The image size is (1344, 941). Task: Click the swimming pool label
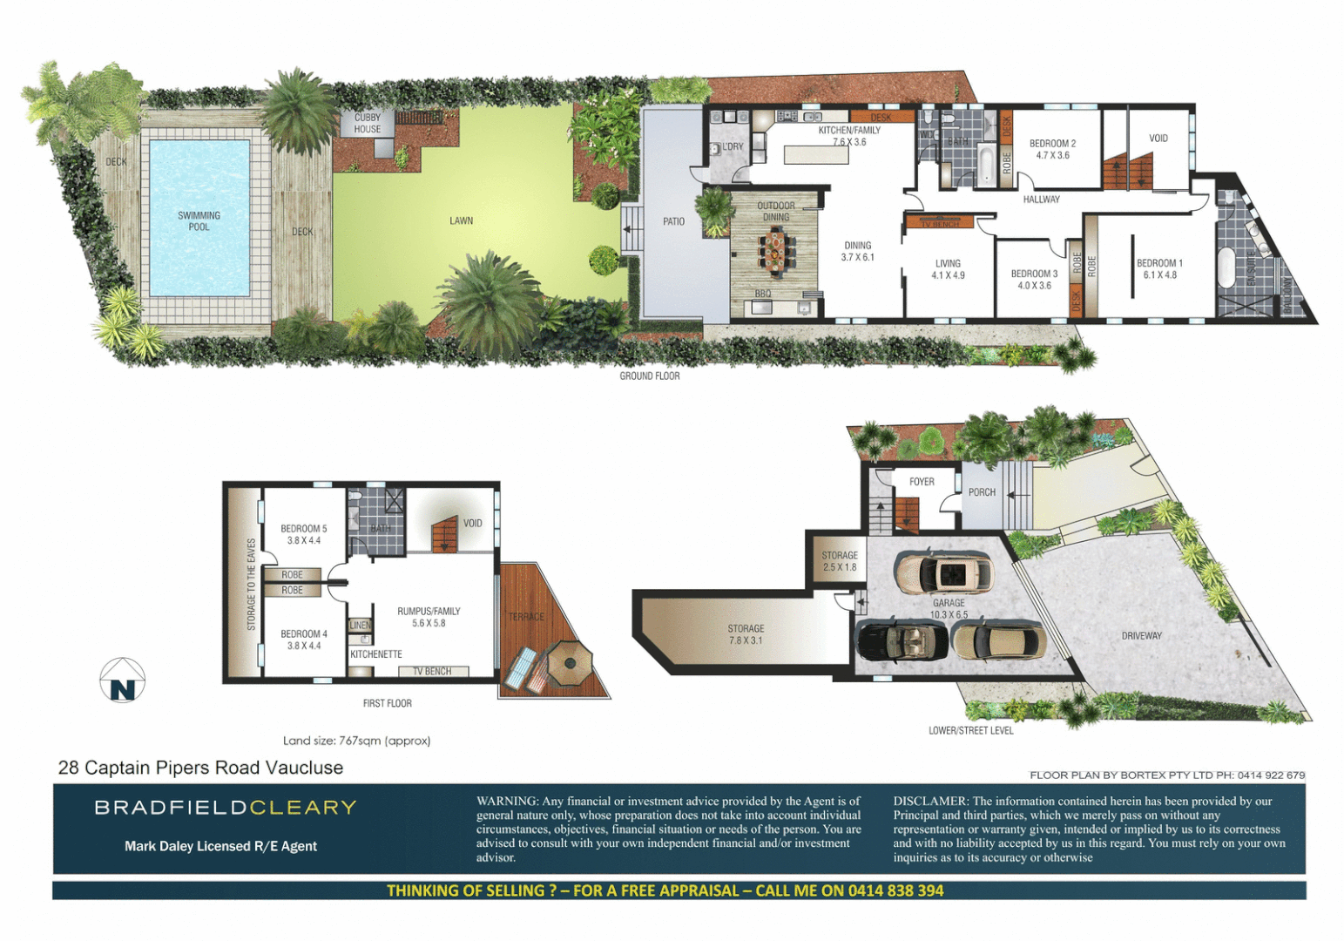pos(199,221)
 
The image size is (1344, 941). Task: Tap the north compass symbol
pos(123,680)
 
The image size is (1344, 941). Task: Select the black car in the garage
pos(902,640)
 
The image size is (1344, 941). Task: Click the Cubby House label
pos(367,123)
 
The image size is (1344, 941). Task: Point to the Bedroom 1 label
pos(1158,268)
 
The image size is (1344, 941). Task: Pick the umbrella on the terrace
pos(570,661)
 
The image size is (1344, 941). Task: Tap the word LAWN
pos(461,220)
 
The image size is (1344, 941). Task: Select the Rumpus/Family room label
pos(429,617)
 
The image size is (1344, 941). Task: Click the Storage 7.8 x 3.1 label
pos(746,634)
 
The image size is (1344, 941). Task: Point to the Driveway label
pos(1141,636)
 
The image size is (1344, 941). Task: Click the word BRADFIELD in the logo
pos(171,808)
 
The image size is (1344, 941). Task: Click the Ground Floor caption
pos(650,376)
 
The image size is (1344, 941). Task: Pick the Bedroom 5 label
pos(303,534)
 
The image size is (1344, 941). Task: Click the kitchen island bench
pos(816,155)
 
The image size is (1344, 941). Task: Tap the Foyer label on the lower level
pos(922,482)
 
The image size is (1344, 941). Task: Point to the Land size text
pos(356,741)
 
